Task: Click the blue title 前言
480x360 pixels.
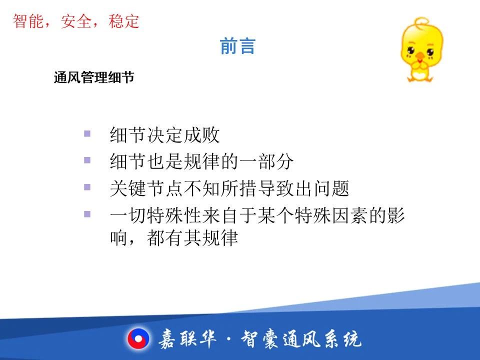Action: point(237,46)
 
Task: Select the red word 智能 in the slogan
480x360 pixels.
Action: point(28,21)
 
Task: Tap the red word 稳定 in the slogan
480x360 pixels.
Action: point(123,21)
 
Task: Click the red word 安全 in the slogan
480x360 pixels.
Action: point(76,21)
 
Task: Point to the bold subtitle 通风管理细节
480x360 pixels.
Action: point(94,77)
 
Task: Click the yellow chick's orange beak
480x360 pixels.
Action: point(420,56)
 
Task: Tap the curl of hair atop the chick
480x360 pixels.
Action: point(422,21)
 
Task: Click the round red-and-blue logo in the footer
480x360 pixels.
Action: point(138,339)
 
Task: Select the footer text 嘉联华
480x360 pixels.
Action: point(187,339)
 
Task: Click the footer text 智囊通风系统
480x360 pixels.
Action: point(301,339)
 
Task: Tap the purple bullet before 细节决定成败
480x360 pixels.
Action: point(87,134)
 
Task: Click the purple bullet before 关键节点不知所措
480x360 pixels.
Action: point(87,187)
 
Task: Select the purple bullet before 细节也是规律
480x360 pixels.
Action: point(87,160)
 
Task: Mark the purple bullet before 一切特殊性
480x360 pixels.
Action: point(87,214)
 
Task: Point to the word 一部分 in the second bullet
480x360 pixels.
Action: point(266,161)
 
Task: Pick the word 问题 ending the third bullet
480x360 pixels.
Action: point(331,188)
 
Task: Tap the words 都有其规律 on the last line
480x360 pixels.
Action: point(192,238)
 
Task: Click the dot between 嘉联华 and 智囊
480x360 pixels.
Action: point(229,339)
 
